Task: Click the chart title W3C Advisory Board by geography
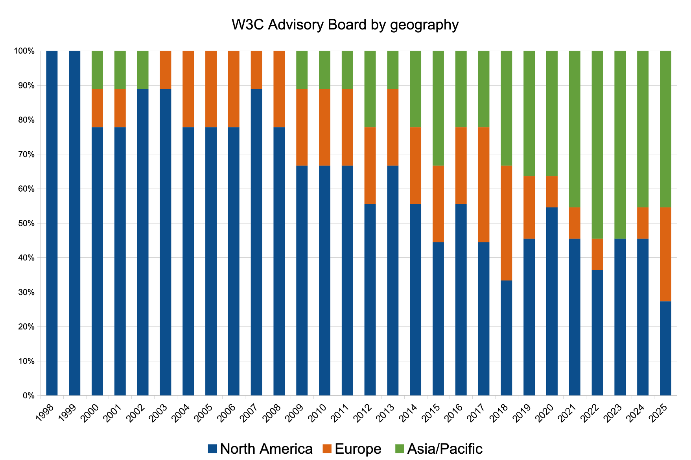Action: tap(345, 25)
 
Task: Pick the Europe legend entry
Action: tap(352, 449)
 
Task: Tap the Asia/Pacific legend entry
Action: tap(439, 449)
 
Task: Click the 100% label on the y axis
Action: tap(25, 51)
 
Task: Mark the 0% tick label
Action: tap(28, 396)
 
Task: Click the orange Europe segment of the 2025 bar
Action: tap(665, 254)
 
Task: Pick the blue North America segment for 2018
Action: tap(506, 338)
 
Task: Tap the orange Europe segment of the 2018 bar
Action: tap(506, 223)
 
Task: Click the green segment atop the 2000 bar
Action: tap(97, 70)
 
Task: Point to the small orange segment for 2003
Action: tap(166, 70)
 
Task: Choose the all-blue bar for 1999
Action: tap(75, 223)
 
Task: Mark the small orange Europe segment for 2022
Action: tap(597, 254)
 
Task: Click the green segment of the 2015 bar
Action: tap(438, 108)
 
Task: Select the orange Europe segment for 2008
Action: tap(279, 89)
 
